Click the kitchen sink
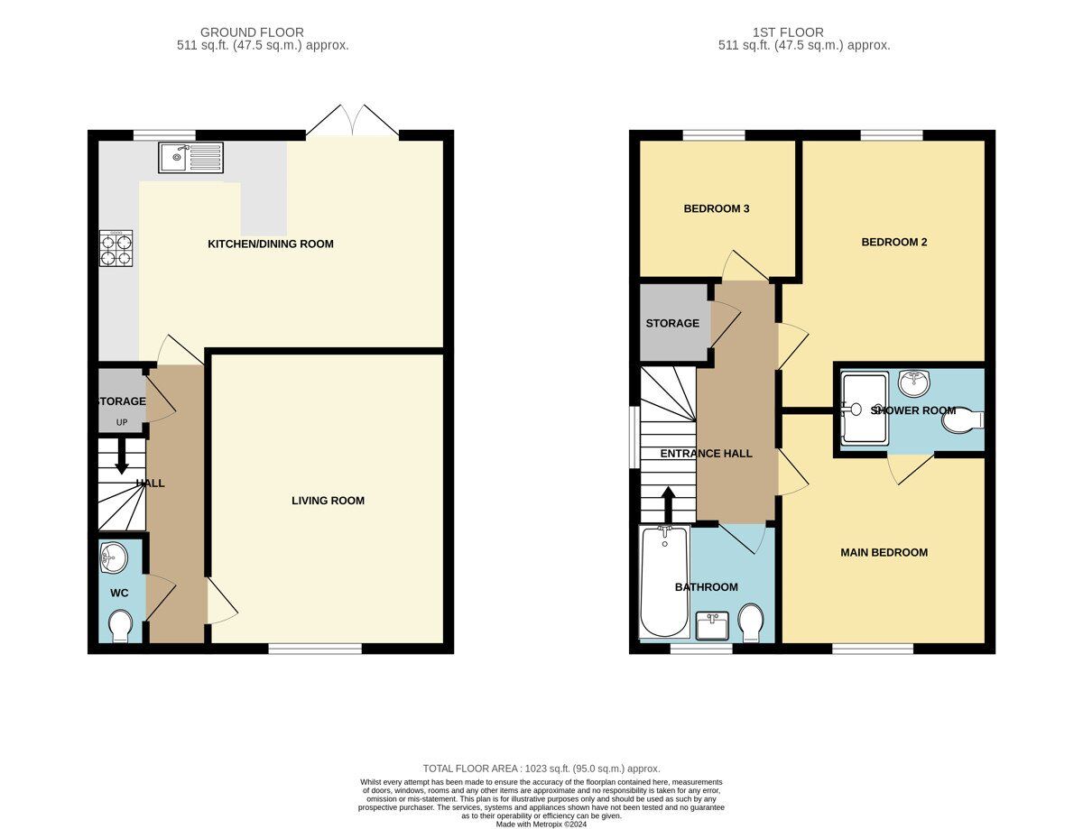(x=191, y=157)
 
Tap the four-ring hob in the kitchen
(x=116, y=248)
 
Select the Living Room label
(x=328, y=501)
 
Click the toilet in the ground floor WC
(x=121, y=625)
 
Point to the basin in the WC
(x=114, y=557)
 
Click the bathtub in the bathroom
(x=664, y=581)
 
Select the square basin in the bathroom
(x=712, y=625)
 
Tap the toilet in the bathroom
(x=751, y=622)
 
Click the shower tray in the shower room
(x=865, y=409)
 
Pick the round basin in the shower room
(x=914, y=383)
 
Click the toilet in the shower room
(x=963, y=420)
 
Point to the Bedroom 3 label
(x=717, y=208)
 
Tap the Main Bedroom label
(x=884, y=553)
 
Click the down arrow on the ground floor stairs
(x=122, y=462)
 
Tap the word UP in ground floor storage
(x=122, y=422)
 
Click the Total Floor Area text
(x=541, y=769)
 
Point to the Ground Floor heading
(x=252, y=32)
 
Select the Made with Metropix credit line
(x=541, y=824)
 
